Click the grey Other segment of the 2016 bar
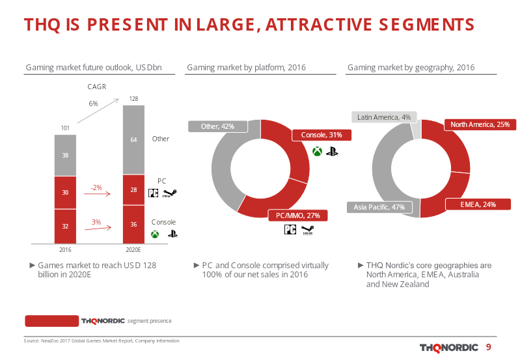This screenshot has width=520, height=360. tap(65, 155)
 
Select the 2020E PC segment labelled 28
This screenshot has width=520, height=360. tap(133, 190)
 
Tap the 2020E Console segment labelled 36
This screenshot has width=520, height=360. tap(133, 225)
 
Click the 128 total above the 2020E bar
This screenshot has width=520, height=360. tap(133, 98)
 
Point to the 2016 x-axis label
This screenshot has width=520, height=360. tap(65, 249)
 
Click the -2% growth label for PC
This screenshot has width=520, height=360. tap(96, 187)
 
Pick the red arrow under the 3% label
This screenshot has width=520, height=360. tap(98, 228)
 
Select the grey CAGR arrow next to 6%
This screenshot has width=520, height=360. tap(98, 111)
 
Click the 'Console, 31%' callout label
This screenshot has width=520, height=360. tap(322, 135)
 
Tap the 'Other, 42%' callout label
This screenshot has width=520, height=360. tap(217, 126)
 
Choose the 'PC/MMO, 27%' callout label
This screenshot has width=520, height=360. tap(298, 215)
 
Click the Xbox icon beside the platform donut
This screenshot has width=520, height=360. tap(318, 151)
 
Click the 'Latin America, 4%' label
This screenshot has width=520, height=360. tap(384, 117)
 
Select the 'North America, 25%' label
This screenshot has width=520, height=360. tap(480, 124)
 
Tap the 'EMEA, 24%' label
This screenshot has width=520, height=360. tap(478, 204)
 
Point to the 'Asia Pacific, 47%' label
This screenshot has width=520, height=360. tap(379, 207)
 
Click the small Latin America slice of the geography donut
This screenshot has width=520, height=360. tap(416, 130)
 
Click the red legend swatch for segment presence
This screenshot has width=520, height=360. tap(51, 321)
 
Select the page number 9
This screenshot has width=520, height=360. tap(489, 347)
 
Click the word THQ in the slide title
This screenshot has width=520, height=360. tap(42, 25)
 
